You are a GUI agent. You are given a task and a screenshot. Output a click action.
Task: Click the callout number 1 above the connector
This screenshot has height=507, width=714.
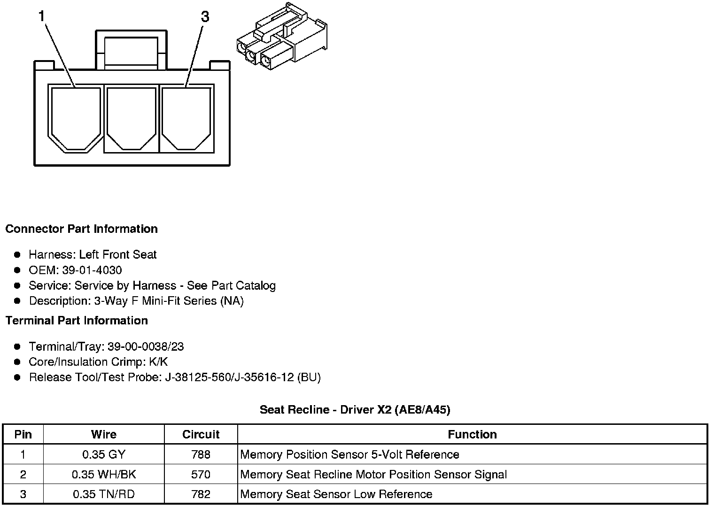42,17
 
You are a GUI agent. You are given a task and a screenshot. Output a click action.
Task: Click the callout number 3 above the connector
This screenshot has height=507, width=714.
205,17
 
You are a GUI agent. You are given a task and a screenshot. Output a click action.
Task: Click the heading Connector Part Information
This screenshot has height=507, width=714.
81,229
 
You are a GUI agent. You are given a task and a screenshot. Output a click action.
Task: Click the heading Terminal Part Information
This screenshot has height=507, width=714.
77,321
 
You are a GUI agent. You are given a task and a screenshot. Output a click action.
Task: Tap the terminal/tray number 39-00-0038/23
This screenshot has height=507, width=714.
146,347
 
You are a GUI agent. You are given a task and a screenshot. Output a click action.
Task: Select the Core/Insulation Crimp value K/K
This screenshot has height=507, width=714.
158,362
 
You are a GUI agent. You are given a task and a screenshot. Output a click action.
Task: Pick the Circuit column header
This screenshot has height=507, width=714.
201,434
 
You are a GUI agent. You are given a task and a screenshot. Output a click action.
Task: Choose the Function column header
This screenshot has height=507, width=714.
472,434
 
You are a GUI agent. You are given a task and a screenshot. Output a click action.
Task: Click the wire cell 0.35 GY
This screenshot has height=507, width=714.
104,454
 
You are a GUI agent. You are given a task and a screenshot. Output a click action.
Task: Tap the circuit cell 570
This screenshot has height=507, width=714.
201,475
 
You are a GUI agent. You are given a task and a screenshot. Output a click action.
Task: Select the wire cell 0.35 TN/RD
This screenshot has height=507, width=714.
104,494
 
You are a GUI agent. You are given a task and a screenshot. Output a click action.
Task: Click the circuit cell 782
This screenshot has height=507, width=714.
201,494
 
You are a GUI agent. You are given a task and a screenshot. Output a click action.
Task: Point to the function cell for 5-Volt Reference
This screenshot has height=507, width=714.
349,454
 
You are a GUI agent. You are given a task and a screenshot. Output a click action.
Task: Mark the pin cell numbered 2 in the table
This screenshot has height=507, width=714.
23,475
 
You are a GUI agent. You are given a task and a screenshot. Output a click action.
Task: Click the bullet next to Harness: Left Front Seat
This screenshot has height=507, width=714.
17,255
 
